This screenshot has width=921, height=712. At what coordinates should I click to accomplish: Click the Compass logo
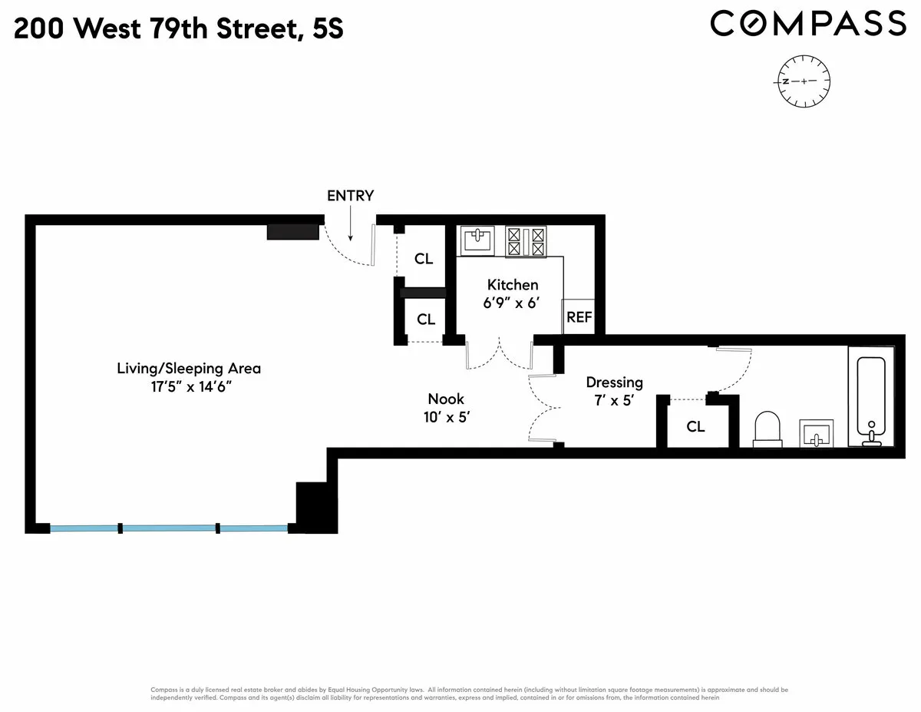807,23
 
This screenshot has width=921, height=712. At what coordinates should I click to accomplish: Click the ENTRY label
350,196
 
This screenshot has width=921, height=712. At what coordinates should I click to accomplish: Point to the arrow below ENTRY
350,224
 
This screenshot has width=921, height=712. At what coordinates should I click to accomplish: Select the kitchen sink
478,240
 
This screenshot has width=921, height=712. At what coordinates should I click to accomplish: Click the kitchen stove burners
525,240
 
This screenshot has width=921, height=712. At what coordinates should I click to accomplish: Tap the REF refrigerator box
579,316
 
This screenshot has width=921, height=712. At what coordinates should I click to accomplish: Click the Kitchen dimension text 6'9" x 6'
512,303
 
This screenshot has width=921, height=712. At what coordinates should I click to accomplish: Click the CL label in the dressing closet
695,427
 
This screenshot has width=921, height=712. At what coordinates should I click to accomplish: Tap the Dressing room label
614,382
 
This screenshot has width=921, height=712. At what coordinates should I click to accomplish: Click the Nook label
446,399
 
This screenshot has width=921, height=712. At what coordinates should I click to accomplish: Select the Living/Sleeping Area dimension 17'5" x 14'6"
189,386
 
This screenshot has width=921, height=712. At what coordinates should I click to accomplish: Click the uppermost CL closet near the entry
424,259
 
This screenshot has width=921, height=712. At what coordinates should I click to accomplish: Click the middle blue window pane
169,528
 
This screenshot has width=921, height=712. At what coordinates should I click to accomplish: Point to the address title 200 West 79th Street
178,29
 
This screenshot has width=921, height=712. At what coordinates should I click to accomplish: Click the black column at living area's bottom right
315,507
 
